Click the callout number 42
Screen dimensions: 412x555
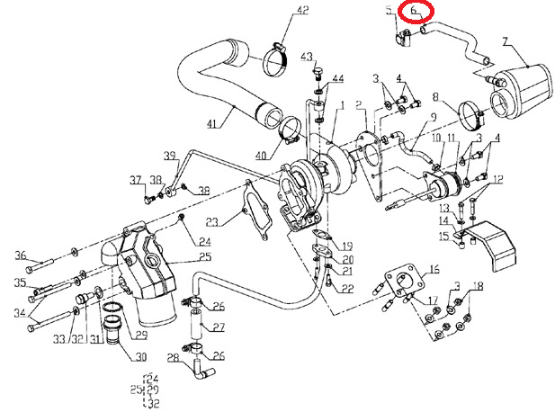tap(302, 11)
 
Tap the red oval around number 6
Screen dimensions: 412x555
tap(417, 12)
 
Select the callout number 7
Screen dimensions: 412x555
tap(506, 41)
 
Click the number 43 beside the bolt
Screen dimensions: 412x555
tap(307, 56)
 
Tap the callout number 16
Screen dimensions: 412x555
tap(434, 269)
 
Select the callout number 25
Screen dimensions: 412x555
tap(205, 257)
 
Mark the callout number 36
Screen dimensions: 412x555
tap(20, 256)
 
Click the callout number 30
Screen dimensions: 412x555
tap(141, 356)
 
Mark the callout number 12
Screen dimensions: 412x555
tap(497, 179)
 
